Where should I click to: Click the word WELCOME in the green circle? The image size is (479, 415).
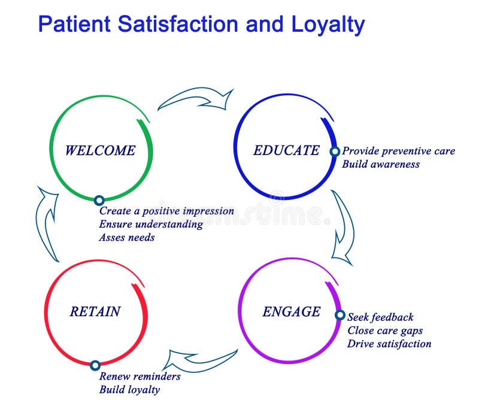[100, 150]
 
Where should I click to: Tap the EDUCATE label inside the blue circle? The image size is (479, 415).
[286, 150]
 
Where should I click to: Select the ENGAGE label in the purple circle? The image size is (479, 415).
[292, 312]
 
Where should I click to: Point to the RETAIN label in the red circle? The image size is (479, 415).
[95, 311]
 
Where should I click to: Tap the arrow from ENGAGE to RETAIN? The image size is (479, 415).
[200, 360]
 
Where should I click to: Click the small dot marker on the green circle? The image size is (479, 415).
[99, 201]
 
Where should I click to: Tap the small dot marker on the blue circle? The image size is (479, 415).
[335, 152]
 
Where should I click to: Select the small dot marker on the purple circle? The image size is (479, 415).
[339, 315]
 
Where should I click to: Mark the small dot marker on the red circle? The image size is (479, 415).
[95, 365]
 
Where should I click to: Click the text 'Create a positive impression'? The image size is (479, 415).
[166, 211]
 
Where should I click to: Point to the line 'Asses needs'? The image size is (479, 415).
[127, 237]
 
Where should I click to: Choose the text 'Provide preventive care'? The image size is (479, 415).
[398, 151]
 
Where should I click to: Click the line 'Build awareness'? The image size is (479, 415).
[381, 164]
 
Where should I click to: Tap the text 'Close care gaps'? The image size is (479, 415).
[385, 331]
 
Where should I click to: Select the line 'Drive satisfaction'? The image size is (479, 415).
[389, 344]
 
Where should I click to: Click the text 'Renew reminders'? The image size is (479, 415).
[140, 377]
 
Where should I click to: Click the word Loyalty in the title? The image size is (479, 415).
[328, 24]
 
